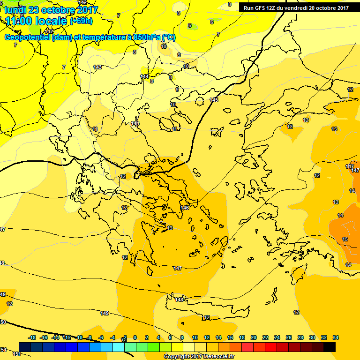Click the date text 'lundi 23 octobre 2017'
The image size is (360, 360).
tap(52, 10)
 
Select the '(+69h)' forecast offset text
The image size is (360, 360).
tap(81, 21)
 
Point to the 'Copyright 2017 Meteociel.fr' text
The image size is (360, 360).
tap(199, 356)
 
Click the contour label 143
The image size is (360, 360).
tap(97, 67)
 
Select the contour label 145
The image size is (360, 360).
tap(214, 100)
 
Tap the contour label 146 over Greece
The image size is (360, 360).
tap(185, 208)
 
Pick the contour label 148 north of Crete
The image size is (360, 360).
tap(179, 299)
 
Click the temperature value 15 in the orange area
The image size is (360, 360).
tap(345, 239)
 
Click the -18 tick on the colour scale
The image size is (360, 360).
tap(32, 337)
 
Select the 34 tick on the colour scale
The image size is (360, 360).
tap(336, 337)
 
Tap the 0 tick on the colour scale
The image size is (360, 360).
tap(135, 337)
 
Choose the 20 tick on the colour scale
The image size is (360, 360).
tap(254, 337)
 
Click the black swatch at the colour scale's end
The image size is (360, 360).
tap(329, 347)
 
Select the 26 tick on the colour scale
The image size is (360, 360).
tap(289, 337)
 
